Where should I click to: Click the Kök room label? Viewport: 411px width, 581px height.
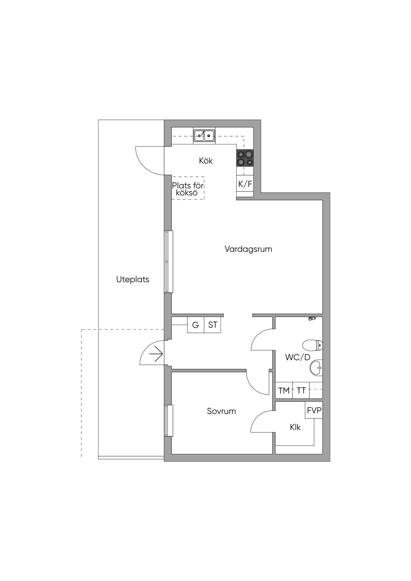206,161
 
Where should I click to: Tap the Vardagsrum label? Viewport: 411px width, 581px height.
248,249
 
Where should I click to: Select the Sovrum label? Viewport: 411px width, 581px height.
221,411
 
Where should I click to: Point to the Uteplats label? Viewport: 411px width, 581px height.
133,279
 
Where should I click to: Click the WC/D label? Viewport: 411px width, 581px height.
298,357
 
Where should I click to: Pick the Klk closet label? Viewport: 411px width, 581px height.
295,427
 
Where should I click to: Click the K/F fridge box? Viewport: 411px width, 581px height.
245,184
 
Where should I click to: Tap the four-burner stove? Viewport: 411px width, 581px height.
245,158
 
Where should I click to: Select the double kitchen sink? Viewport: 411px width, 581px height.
204,136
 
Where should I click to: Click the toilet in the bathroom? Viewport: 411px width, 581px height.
313,345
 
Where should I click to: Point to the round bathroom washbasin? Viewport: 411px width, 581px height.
316,368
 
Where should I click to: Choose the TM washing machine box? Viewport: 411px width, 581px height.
284,390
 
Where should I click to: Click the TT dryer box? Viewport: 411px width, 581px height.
301,390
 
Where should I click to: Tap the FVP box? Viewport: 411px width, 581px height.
314,410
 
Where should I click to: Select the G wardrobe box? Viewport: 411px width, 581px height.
196,325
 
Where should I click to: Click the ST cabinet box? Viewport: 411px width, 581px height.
213,325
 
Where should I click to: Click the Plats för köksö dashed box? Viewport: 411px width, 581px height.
188,188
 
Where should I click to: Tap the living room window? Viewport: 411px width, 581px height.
168,261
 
